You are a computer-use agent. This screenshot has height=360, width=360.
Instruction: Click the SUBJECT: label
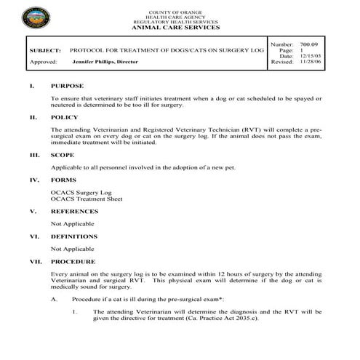pos(45,52)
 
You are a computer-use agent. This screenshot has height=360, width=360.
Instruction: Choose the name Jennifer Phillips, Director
pos(108,63)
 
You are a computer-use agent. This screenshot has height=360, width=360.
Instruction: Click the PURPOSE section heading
pos(68,86)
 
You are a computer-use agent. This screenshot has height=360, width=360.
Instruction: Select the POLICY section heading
pos(65,116)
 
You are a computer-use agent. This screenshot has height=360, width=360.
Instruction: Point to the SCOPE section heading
pos(63,155)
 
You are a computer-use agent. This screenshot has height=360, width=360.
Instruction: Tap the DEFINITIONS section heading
pos(74,236)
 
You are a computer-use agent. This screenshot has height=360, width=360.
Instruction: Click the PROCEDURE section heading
pos(73,261)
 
